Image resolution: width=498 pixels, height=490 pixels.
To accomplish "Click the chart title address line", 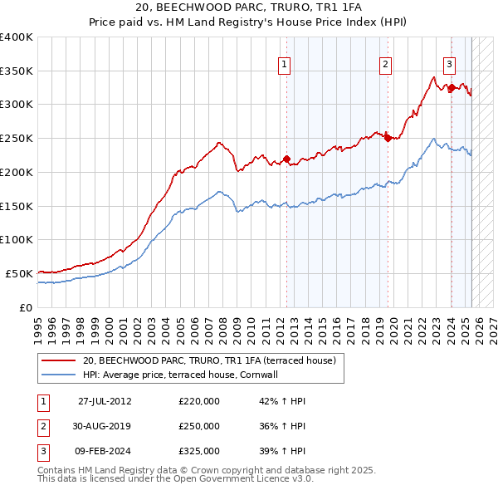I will click(x=248, y=7).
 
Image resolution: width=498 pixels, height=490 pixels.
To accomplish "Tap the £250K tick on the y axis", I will click(x=17, y=138).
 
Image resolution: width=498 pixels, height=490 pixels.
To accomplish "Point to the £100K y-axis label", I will click(x=17, y=239).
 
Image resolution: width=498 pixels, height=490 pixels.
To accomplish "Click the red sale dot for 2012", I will click(x=286, y=159).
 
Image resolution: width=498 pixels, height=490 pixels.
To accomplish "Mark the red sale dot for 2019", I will click(x=388, y=139).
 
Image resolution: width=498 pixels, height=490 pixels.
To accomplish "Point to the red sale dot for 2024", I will click(x=451, y=87).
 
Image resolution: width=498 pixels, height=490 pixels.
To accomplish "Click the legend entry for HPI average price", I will click(x=185, y=375).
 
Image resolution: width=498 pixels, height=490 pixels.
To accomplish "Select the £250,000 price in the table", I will click(x=199, y=426).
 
